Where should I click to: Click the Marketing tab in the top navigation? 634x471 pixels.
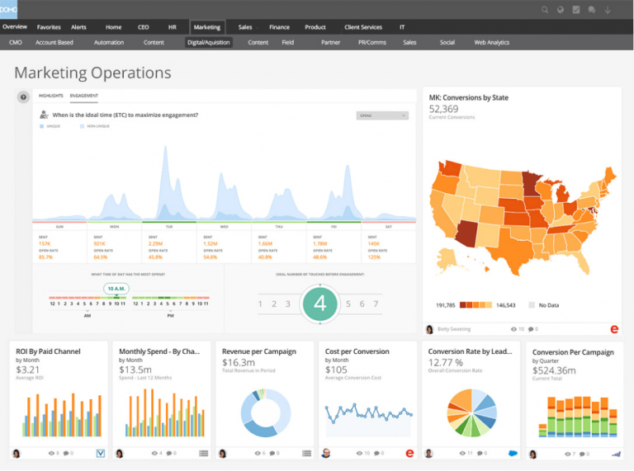click(x=206, y=27)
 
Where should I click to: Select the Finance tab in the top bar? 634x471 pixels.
click(x=279, y=27)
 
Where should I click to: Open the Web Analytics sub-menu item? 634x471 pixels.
click(x=491, y=42)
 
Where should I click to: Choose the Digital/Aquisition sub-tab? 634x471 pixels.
click(x=208, y=42)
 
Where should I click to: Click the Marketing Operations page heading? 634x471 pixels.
click(x=92, y=73)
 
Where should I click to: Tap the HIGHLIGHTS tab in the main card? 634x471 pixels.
click(x=50, y=97)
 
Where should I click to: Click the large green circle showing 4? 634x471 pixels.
click(x=319, y=304)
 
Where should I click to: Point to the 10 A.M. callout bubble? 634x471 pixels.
click(x=116, y=289)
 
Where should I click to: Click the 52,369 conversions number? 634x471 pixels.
click(x=443, y=108)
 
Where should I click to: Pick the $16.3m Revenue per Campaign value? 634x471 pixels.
click(x=239, y=363)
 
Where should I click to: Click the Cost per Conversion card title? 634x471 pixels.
click(x=357, y=351)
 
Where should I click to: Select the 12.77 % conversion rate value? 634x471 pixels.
click(x=446, y=362)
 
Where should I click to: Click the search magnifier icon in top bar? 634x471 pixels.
click(x=545, y=10)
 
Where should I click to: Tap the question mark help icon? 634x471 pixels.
click(x=23, y=97)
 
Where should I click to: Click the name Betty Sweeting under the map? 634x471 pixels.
click(x=453, y=328)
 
